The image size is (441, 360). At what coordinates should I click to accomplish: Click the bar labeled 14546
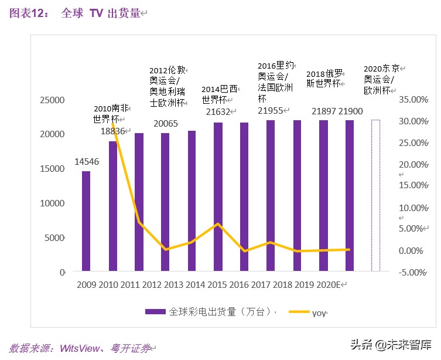tap(86, 221)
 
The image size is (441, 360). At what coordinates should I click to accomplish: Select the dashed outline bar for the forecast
tap(375, 195)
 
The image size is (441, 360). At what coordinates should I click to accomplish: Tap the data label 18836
tap(113, 131)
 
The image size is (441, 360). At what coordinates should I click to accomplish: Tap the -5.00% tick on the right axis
tap(412, 272)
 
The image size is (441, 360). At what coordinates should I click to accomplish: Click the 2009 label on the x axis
tap(87, 285)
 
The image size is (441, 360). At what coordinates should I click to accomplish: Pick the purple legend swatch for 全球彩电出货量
tap(155, 313)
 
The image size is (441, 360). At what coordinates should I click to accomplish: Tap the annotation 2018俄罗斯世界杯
tap(324, 79)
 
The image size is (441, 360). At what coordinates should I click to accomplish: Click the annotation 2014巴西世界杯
tap(220, 94)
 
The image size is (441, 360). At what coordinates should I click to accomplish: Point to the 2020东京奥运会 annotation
tap(380, 79)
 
